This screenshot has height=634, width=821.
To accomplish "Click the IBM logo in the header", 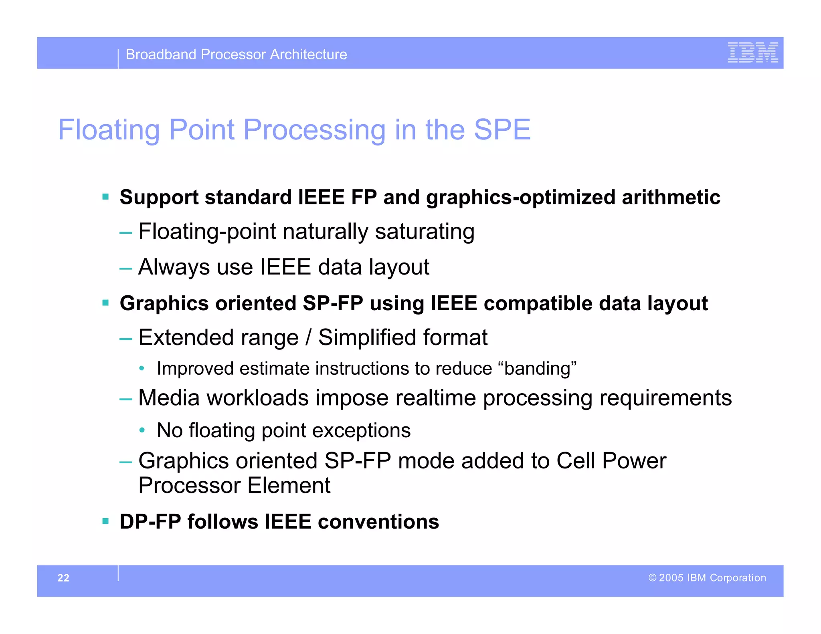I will (x=752, y=52).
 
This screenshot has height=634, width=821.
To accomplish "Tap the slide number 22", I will (x=63, y=577).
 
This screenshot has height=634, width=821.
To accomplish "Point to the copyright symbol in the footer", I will (x=652, y=577).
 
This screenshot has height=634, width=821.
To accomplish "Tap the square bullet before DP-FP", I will (x=105, y=521).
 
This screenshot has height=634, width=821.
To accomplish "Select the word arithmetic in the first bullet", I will (x=671, y=197).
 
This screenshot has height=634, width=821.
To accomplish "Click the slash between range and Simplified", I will (x=308, y=337).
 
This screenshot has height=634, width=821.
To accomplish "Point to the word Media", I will (x=169, y=398).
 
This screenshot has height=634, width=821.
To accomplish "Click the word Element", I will (x=289, y=485).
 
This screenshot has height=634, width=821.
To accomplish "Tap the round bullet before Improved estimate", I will (x=142, y=369).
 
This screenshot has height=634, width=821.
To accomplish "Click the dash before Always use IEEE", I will (x=125, y=268).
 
